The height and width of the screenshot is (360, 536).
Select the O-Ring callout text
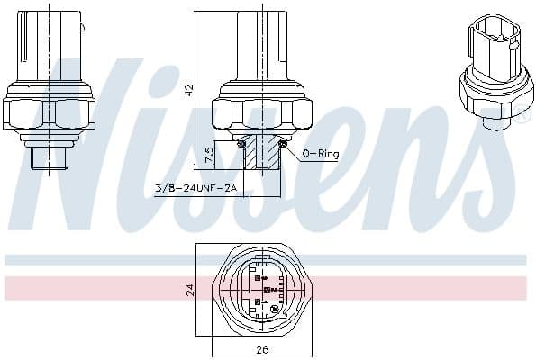[322, 155]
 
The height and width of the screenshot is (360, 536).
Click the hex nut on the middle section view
[261, 113]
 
